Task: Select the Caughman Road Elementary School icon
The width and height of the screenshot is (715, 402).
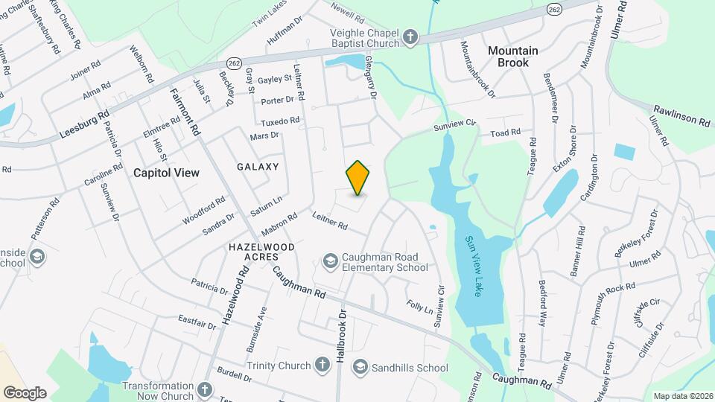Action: click(x=330, y=261)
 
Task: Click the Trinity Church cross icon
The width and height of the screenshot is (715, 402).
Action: click(x=322, y=365)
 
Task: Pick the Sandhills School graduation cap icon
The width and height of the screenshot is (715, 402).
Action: click(x=360, y=367)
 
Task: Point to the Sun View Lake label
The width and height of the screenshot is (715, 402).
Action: click(x=474, y=265)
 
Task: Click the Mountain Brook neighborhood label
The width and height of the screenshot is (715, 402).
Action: click(x=513, y=57)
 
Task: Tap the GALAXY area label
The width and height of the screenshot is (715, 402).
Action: click(x=258, y=167)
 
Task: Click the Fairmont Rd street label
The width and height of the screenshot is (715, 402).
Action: click(x=185, y=112)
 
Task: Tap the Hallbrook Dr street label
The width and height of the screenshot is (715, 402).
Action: click(x=341, y=336)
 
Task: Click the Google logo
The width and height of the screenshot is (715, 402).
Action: click(x=25, y=392)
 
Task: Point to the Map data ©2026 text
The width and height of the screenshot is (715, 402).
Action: click(x=682, y=396)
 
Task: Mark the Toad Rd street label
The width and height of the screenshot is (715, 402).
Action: click(x=504, y=133)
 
